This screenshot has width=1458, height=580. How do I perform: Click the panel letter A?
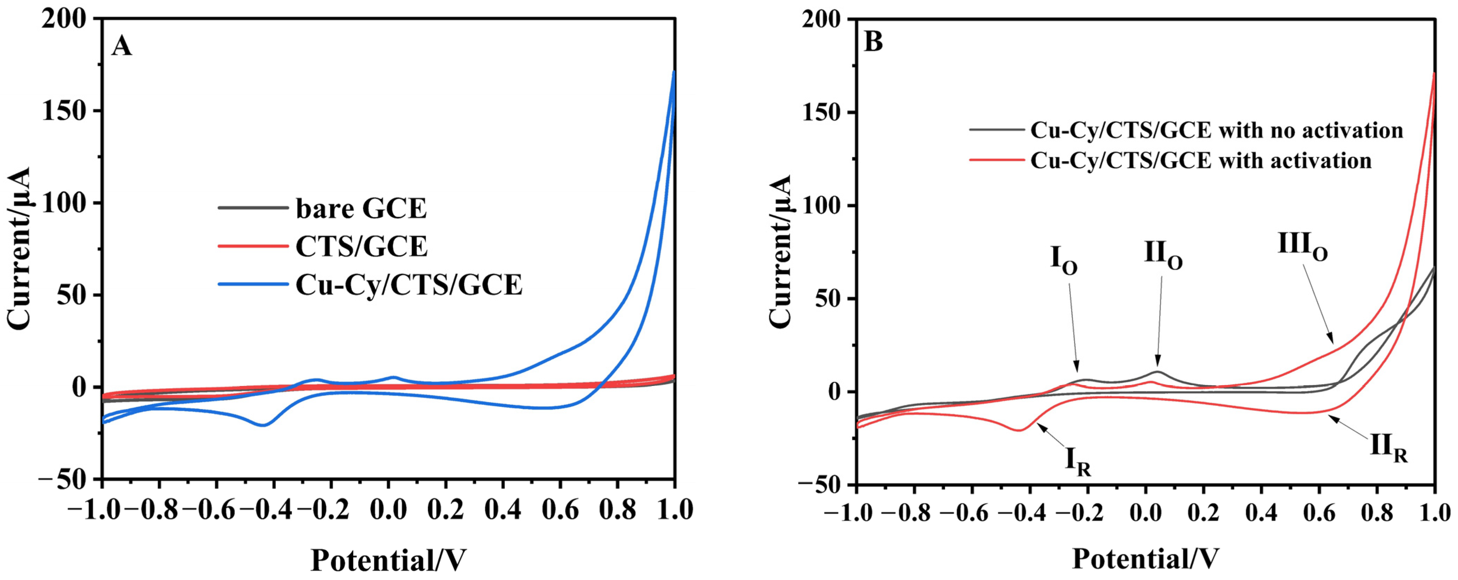tap(122, 46)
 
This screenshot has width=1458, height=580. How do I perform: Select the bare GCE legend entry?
tap(361, 208)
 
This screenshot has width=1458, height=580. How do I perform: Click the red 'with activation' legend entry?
tap(1200, 161)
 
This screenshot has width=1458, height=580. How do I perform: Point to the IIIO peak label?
tap(1302, 247)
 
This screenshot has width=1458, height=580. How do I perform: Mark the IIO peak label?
tap(1163, 255)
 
